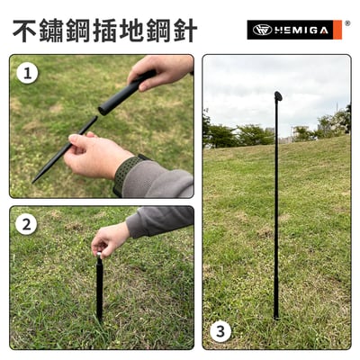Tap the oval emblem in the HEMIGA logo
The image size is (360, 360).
coord(262,30)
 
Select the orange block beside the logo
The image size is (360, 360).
coord(337,30)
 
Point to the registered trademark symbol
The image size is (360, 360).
coord(347,23)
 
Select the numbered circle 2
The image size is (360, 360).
coord(26,224)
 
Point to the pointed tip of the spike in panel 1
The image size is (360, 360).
coord(36,180)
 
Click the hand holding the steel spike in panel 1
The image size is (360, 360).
coord(94,154)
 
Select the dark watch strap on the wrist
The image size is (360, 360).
coord(127,173)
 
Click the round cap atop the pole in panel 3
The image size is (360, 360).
coord(277,95)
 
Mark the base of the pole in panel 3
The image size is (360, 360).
coord(276,314)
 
